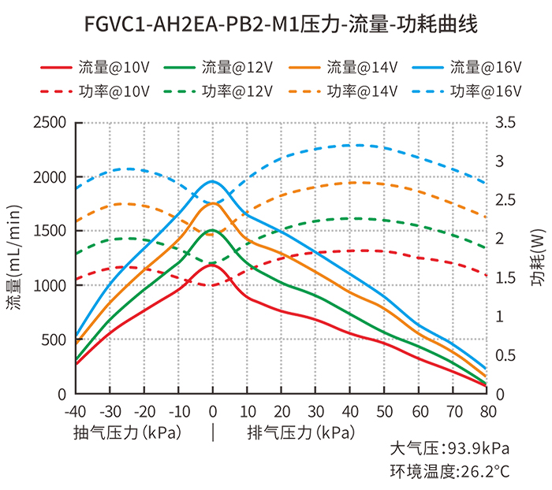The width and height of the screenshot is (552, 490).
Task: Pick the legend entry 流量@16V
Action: pyautogui.click(x=485, y=67)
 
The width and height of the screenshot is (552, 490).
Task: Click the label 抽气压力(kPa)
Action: pyautogui.click(x=126, y=432)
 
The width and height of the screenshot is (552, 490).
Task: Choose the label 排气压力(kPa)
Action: pyautogui.click(x=300, y=432)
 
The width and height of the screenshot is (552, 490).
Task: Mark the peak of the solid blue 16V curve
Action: pyautogui.click(x=212, y=181)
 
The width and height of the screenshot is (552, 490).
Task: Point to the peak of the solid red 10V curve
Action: pyautogui.click(x=211, y=265)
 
